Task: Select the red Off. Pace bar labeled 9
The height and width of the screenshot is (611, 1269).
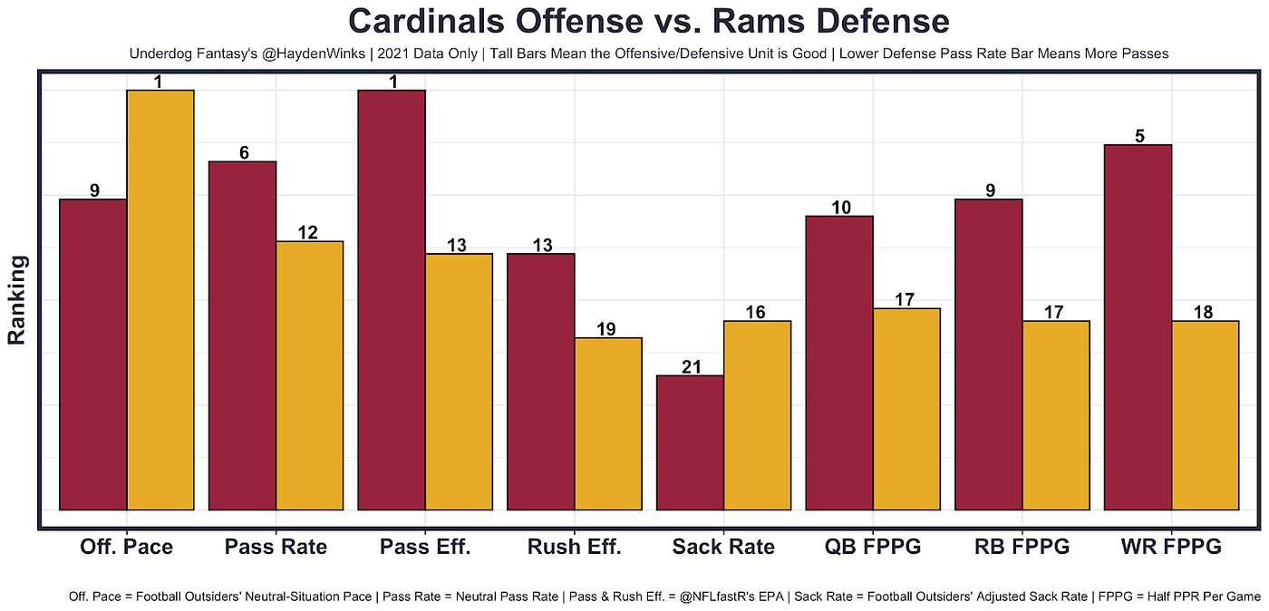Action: pos(92,354)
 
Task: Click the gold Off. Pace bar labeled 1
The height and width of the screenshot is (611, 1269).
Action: pos(160,299)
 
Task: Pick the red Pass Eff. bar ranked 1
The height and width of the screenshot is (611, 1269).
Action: pos(392,299)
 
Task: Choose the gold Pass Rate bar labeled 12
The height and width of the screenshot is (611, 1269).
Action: pos(309,375)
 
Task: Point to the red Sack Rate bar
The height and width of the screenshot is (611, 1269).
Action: pos(690,442)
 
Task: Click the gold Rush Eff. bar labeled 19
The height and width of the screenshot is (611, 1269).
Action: pos(608,423)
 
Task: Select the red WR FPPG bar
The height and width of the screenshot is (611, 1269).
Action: pos(1138,326)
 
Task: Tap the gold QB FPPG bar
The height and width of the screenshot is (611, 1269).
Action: pos(906,409)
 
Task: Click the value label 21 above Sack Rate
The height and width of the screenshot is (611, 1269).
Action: pos(690,367)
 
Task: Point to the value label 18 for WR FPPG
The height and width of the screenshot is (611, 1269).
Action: pos(1205,313)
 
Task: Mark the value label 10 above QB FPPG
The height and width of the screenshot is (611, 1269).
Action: pos(840,208)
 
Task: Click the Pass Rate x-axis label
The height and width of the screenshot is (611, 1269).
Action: pos(276,548)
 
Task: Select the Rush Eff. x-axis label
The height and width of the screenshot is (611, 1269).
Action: pos(575,548)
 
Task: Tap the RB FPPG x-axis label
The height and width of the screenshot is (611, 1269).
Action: pos(1022,548)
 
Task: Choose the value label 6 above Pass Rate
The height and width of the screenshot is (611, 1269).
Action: pos(243,153)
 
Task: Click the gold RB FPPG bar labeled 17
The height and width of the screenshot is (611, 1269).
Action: pos(1056,414)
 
